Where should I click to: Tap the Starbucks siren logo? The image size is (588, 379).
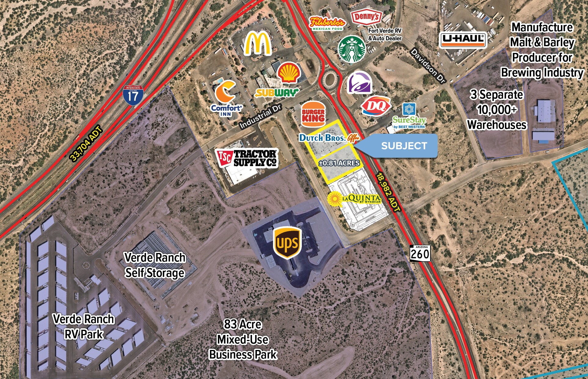(352, 49)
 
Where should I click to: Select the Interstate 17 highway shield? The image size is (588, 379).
(133, 95)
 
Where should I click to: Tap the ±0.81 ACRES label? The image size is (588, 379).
(339, 163)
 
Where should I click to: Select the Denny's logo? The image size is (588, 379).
(366, 17)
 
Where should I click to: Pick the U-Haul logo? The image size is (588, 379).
(463, 40)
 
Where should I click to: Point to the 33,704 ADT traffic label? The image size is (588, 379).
(86, 144)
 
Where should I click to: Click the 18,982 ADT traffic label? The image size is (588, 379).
(388, 193)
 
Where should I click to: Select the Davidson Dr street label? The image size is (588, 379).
(428, 65)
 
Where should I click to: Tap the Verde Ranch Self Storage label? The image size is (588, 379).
(155, 265)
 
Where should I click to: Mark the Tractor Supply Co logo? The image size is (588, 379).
(247, 158)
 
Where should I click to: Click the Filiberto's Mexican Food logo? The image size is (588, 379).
(327, 23)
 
